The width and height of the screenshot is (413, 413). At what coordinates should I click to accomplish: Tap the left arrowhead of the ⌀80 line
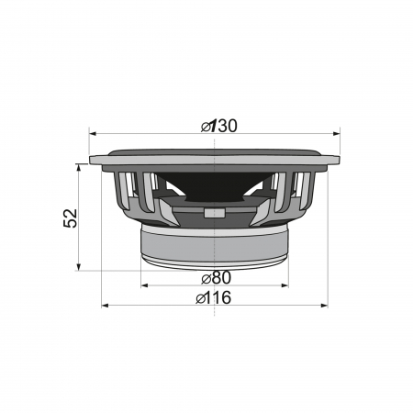[x=144, y=285]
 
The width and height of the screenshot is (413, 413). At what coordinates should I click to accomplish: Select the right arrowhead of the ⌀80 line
[x=286, y=285]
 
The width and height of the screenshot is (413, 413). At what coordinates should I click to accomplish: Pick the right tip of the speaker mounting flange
[x=339, y=161]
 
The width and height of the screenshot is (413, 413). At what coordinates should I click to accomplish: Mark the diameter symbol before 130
[x=206, y=125]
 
